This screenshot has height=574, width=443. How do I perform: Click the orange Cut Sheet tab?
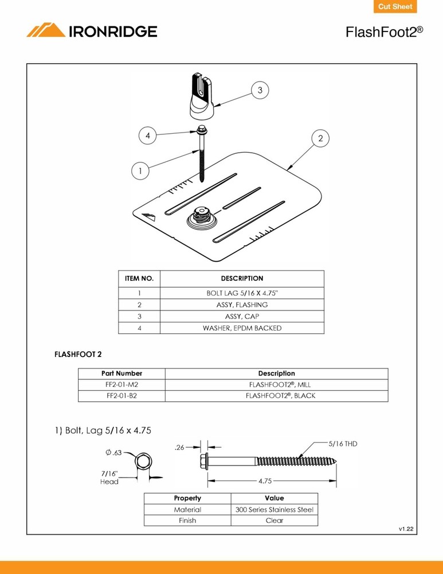[395, 7]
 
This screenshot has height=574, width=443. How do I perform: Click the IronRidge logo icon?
[46, 30]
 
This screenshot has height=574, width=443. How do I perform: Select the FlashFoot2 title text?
[384, 32]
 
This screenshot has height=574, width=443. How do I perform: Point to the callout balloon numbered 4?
[147, 136]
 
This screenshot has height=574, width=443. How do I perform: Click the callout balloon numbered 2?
[320, 138]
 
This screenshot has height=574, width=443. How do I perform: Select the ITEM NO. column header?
[139, 278]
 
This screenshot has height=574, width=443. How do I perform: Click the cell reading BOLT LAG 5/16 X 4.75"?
[242, 293]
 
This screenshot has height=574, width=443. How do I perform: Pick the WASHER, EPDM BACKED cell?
[242, 328]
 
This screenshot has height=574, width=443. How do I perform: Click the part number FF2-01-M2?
[121, 385]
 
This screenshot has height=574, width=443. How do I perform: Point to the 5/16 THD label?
[343, 444]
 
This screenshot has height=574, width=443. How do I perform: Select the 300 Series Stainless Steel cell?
[274, 509]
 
